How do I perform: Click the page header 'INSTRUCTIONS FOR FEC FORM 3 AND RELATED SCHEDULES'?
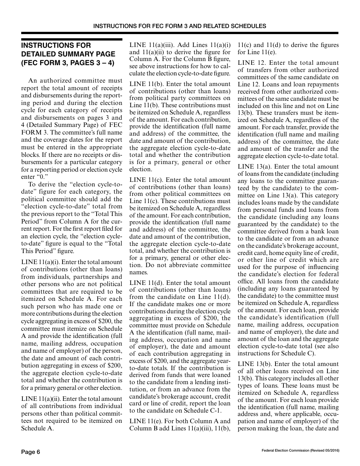(180, 26)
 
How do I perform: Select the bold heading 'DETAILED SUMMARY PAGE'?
(63, 54)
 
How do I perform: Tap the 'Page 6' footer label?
(30, 452)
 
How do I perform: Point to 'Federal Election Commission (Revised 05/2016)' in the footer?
(300, 450)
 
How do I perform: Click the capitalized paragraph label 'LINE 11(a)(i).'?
(39, 262)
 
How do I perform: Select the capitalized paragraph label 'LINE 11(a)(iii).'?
(150, 45)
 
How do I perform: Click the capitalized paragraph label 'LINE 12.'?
(251, 63)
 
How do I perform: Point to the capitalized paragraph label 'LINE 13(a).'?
(254, 167)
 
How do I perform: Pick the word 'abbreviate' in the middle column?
(183, 265)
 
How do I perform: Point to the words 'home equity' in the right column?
(285, 253)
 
